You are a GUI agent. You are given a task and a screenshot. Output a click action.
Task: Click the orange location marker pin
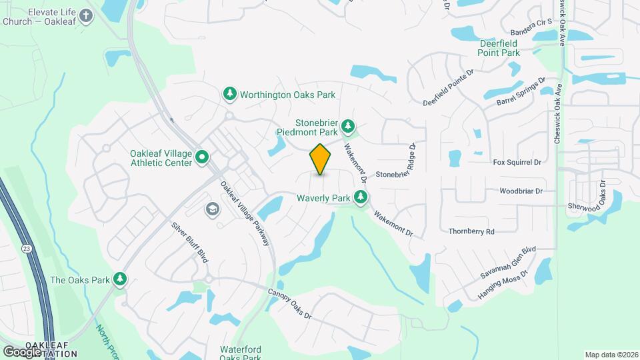(x=321, y=159)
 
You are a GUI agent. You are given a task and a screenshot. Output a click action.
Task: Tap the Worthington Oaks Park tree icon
(x=230, y=95)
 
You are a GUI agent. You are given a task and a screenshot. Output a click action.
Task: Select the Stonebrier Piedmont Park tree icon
(x=347, y=126)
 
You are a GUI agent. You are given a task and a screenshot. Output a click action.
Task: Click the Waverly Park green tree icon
(x=361, y=197)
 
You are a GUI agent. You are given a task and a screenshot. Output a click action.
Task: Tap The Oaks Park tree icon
(x=120, y=279)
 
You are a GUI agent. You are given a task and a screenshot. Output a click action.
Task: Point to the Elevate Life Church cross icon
(x=86, y=16)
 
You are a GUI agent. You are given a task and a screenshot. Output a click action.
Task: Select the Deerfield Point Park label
(x=500, y=47)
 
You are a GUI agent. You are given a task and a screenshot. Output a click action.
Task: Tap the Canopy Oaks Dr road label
(x=290, y=303)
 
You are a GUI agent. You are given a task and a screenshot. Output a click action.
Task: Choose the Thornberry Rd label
(x=471, y=231)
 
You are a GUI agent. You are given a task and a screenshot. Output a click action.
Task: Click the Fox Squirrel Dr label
(x=516, y=162)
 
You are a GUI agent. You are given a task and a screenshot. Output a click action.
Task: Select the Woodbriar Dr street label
(x=521, y=191)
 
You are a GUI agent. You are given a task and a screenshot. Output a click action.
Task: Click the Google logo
(x=21, y=351)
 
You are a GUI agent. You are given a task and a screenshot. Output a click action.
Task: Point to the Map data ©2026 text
(x=610, y=355)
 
